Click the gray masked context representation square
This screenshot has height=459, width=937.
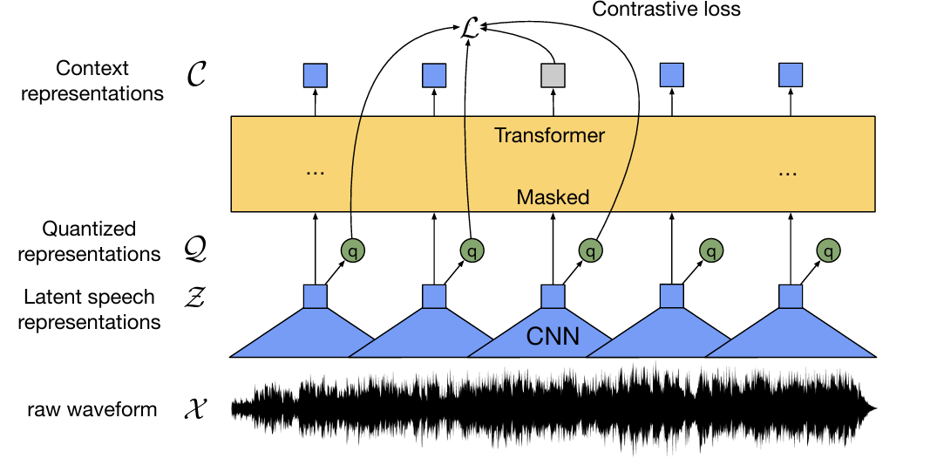tap(553, 76)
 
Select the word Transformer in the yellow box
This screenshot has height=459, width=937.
tap(549, 136)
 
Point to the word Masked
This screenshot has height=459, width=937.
tap(553, 197)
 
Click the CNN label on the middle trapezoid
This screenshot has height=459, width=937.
tap(553, 335)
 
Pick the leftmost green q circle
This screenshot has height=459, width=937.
tap(352, 251)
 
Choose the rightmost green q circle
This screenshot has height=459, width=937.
tap(828, 251)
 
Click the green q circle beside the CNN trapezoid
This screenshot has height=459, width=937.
tap(590, 251)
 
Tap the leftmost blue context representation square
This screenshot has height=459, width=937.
tap(315, 76)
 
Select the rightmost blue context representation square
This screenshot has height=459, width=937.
tap(790, 76)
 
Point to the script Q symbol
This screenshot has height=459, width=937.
tap(197, 250)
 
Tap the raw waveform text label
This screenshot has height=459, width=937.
tap(92, 408)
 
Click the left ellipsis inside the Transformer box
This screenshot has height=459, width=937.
tap(315, 172)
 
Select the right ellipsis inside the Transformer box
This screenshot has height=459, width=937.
tap(788, 172)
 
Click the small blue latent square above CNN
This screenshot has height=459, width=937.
tap(553, 297)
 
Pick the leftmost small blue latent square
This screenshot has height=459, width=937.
tap(315, 297)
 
